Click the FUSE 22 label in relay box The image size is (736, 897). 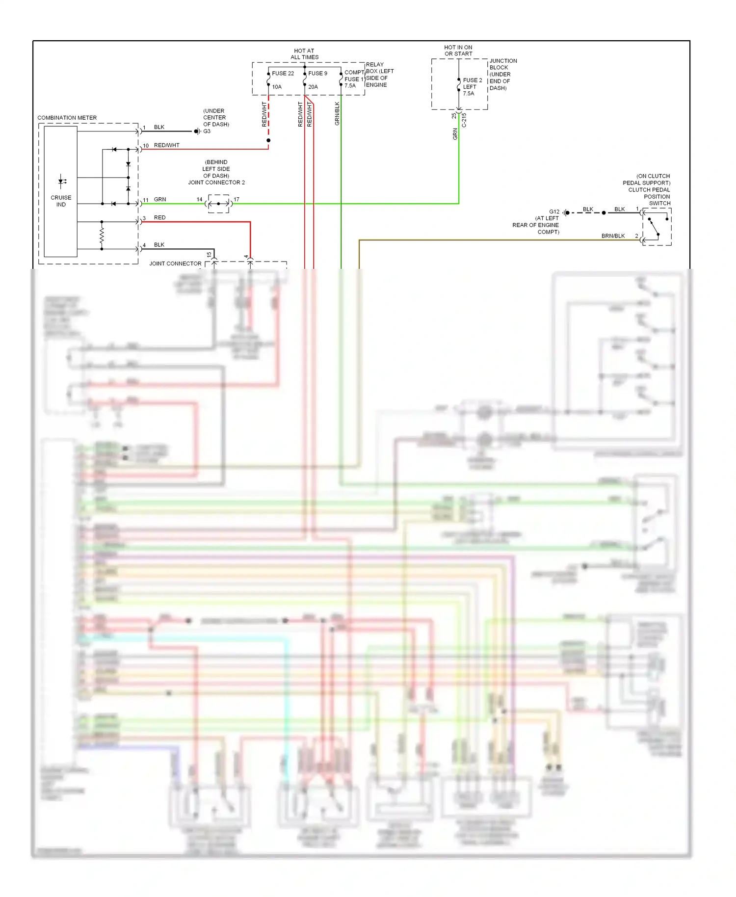pyautogui.click(x=283, y=74)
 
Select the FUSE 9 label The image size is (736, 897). pyautogui.click(x=317, y=74)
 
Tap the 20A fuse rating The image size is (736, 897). pyautogui.click(x=313, y=87)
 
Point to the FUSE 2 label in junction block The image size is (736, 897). pyautogui.click(x=472, y=80)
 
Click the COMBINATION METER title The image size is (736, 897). pyautogui.click(x=67, y=118)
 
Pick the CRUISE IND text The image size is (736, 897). pyautogui.click(x=61, y=201)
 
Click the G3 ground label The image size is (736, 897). pyautogui.click(x=207, y=132)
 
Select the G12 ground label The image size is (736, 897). pyautogui.click(x=554, y=212)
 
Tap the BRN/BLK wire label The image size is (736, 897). pyautogui.click(x=613, y=236)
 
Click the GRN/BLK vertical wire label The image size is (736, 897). pyautogui.click(x=337, y=113)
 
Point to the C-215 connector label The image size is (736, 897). pyautogui.click(x=464, y=120)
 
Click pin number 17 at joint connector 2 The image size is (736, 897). pyautogui.click(x=237, y=199)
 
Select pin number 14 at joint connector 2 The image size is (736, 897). pyautogui.click(x=199, y=199)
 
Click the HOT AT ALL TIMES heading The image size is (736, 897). pyautogui.click(x=304, y=54)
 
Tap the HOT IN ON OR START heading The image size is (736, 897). pyautogui.click(x=458, y=51)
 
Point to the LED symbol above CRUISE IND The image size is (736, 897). pyautogui.click(x=62, y=181)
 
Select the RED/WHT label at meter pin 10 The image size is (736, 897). pyautogui.click(x=167, y=145)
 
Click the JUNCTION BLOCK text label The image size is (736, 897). pyautogui.click(x=502, y=64)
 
